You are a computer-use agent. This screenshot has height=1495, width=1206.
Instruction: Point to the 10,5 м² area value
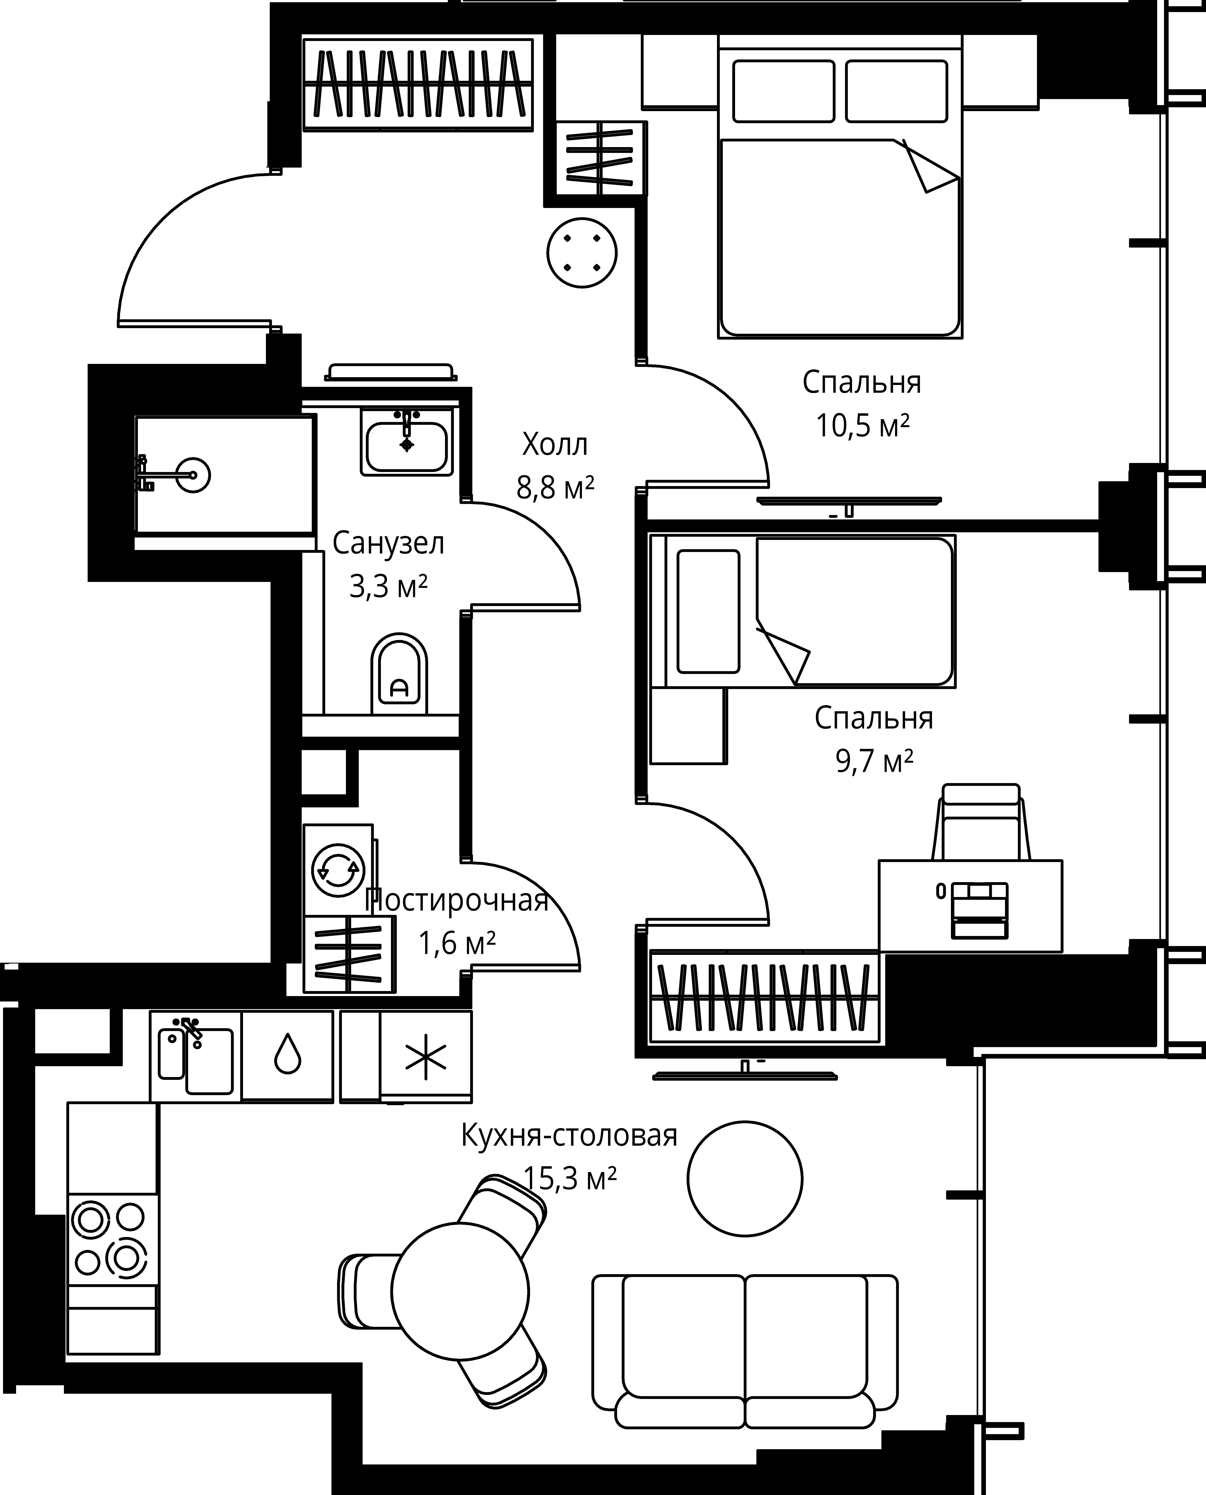click(x=862, y=425)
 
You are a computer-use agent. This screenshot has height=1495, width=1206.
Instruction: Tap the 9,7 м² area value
click(x=874, y=761)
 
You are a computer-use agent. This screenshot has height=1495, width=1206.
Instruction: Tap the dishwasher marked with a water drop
click(x=288, y=1056)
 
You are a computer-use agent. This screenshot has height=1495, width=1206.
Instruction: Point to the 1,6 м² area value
click(x=456, y=943)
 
